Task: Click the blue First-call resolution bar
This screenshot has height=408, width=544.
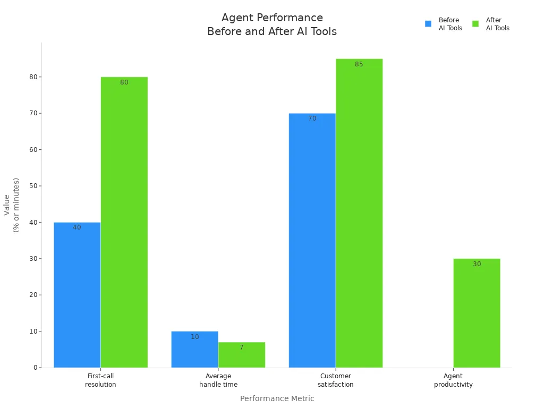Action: pyautogui.click(x=77, y=295)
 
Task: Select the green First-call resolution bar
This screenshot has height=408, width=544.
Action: pyautogui.click(x=124, y=223)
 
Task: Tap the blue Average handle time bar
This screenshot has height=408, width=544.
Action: pyautogui.click(x=194, y=350)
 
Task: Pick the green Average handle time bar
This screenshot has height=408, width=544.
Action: pyautogui.click(x=242, y=355)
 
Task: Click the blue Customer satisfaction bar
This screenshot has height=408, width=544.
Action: pyautogui.click(x=312, y=241)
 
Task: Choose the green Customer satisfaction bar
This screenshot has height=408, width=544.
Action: pyautogui.click(x=359, y=214)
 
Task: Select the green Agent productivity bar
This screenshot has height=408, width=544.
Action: pyautogui.click(x=477, y=313)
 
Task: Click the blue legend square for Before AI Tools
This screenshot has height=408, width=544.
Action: pyautogui.click(x=428, y=24)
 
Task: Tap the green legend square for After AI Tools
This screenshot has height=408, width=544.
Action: pyautogui.click(x=475, y=24)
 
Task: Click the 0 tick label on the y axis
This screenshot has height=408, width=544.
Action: pyautogui.click(x=36, y=368)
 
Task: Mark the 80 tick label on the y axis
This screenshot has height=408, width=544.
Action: pyautogui.click(x=33, y=77)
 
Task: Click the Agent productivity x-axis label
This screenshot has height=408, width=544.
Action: pyautogui.click(x=453, y=380)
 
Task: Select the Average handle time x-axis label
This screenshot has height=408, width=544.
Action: pyautogui.click(x=218, y=380)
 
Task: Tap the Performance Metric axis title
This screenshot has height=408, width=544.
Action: pyautogui.click(x=277, y=398)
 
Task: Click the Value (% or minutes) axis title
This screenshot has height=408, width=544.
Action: pyautogui.click(x=11, y=205)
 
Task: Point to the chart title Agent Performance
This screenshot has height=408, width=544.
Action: pyautogui.click(x=273, y=18)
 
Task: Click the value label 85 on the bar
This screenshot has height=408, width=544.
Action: pyautogui.click(x=359, y=64)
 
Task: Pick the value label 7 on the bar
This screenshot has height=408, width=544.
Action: pyautogui.click(x=242, y=347)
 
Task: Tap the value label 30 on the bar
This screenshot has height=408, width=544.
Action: pyautogui.click(x=477, y=264)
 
